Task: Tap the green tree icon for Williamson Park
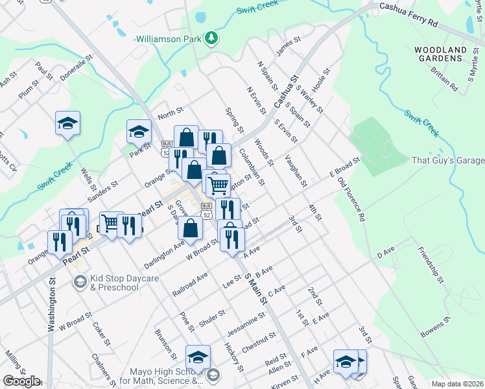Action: point(211,39)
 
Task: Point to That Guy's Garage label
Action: point(448,160)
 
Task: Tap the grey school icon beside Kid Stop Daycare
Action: point(79,281)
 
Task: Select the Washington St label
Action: point(51,305)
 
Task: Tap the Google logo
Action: point(21,381)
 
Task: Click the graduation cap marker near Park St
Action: point(138,132)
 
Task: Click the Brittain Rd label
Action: point(444,83)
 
